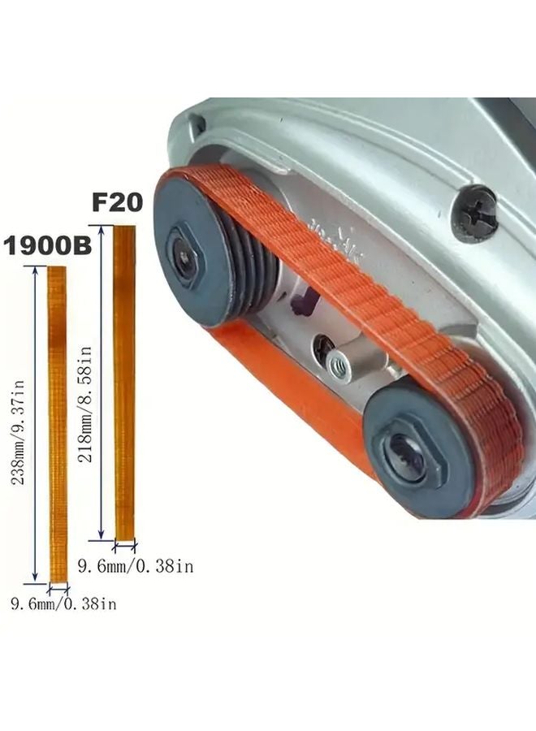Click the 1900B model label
point(49,245)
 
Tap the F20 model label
point(117,201)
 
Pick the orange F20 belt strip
point(124,382)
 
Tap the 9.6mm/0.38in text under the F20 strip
point(134,565)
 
